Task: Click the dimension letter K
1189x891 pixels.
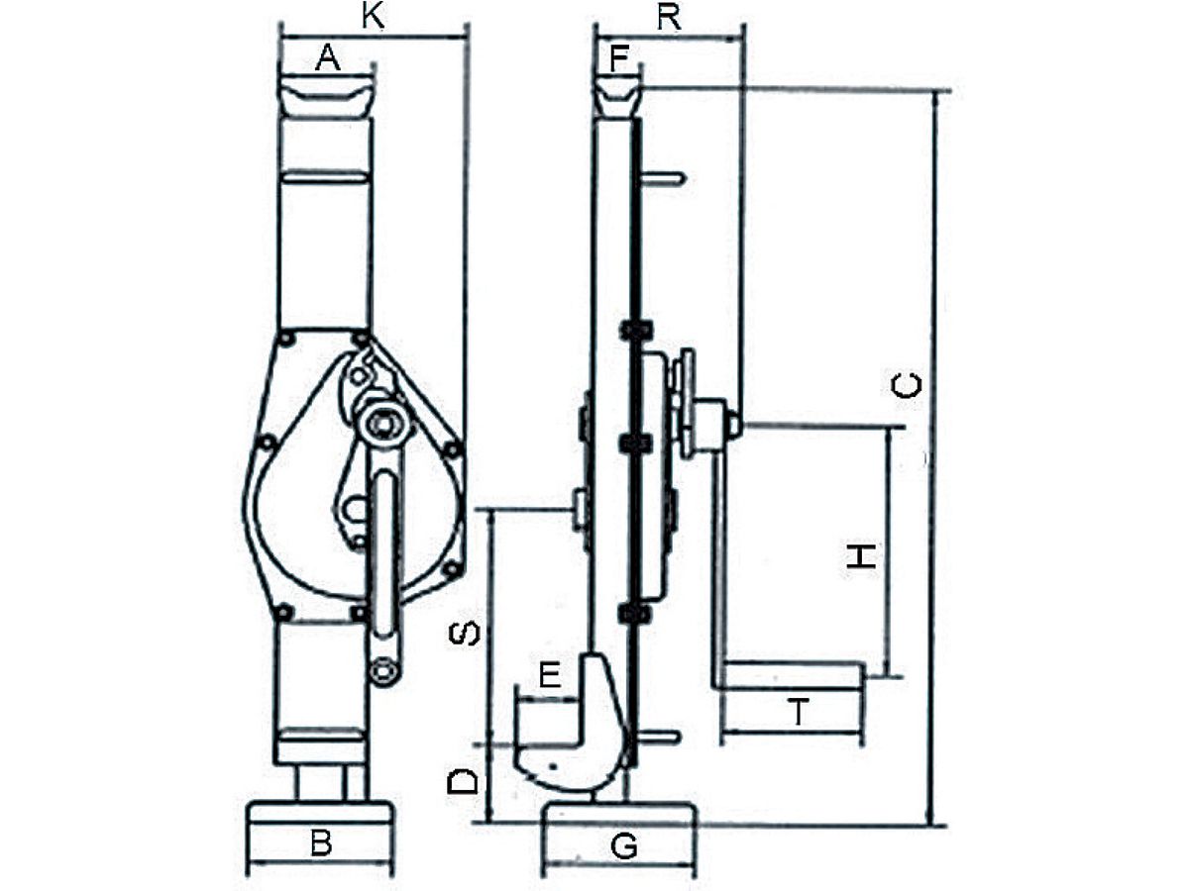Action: (x=374, y=17)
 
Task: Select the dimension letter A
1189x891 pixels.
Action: (x=328, y=58)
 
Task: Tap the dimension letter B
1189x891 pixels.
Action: (x=321, y=842)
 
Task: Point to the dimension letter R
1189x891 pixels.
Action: (x=669, y=19)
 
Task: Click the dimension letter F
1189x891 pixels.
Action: (x=618, y=59)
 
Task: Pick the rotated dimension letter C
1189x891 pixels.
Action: (x=907, y=386)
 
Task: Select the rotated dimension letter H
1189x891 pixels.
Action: (x=862, y=556)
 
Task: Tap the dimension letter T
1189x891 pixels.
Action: (x=799, y=712)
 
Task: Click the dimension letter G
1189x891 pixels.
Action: (x=624, y=846)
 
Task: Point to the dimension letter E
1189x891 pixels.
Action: (x=550, y=675)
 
